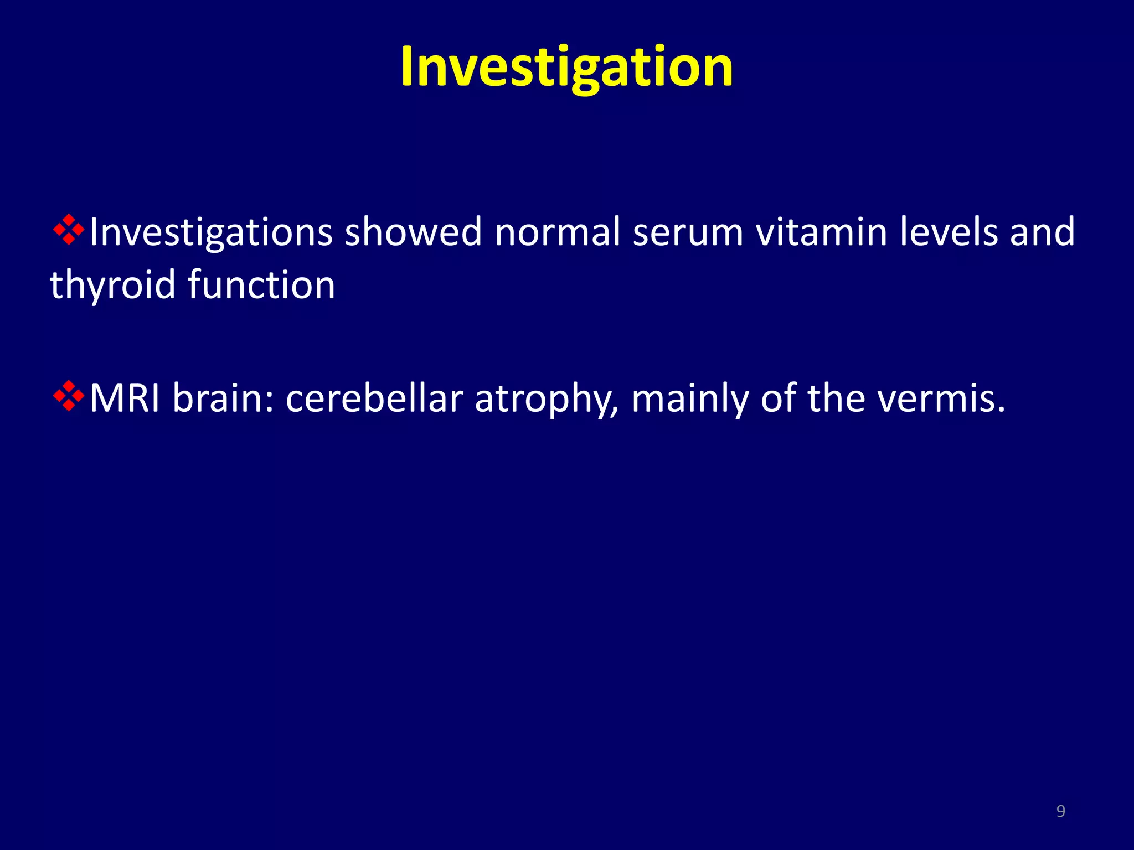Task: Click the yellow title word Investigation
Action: tap(566, 68)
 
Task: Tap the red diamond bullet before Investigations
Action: tap(68, 229)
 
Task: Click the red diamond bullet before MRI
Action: tap(68, 396)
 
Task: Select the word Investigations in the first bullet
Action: tap(210, 232)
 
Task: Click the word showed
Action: tap(413, 231)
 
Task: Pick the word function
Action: tap(261, 284)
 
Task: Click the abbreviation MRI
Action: tap(125, 398)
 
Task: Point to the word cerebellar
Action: tap(374, 398)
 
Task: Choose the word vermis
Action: tap(941, 398)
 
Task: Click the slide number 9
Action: tap(1060, 811)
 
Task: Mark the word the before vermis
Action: tap(836, 398)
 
